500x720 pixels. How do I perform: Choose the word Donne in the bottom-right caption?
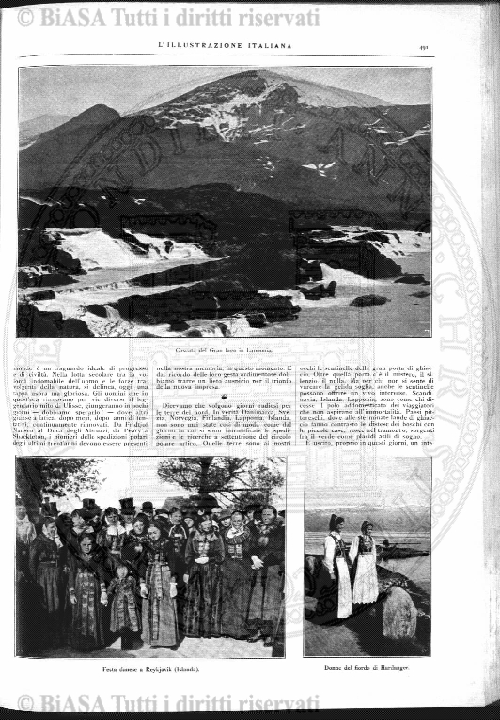tap(330, 668)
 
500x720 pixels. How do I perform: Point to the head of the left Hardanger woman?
tap(335, 523)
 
